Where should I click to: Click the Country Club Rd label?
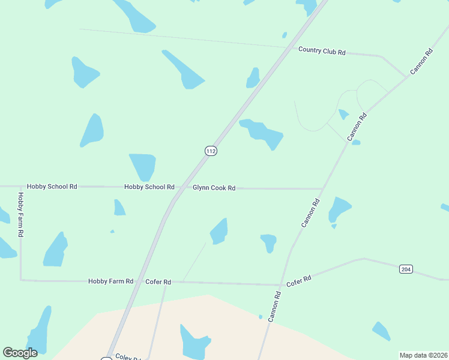322,51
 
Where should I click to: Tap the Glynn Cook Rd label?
214,188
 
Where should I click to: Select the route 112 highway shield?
210,151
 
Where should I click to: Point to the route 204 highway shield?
406,269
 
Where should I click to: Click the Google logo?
20,352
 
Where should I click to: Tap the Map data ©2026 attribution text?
423,355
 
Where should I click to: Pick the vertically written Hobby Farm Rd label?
20,214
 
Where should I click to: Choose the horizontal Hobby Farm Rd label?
110,281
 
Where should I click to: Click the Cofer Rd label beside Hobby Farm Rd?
158,281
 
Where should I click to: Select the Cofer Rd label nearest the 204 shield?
298,280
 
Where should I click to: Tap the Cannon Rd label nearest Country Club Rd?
421,62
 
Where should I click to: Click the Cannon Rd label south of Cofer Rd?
274,307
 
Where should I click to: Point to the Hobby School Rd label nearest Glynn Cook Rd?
149,187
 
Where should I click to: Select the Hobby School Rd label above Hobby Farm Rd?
52,187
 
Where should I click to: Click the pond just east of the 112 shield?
262,133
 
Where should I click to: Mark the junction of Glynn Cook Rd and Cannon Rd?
322,189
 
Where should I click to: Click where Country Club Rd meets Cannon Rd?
405,77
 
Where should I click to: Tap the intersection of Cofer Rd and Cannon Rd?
281,284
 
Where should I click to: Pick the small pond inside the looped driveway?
343,114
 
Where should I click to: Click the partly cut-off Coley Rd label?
128,357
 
